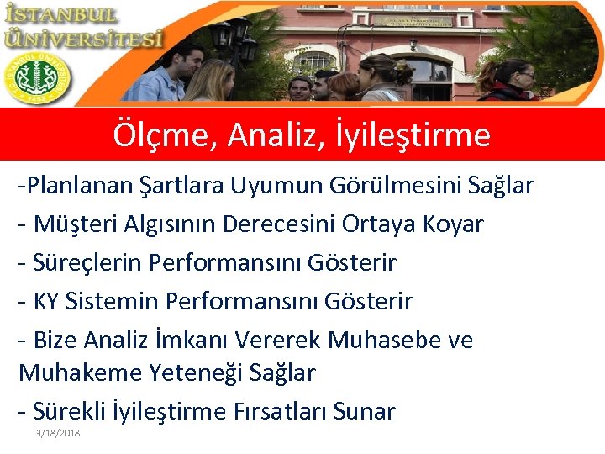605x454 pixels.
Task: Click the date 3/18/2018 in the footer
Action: [58, 432]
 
